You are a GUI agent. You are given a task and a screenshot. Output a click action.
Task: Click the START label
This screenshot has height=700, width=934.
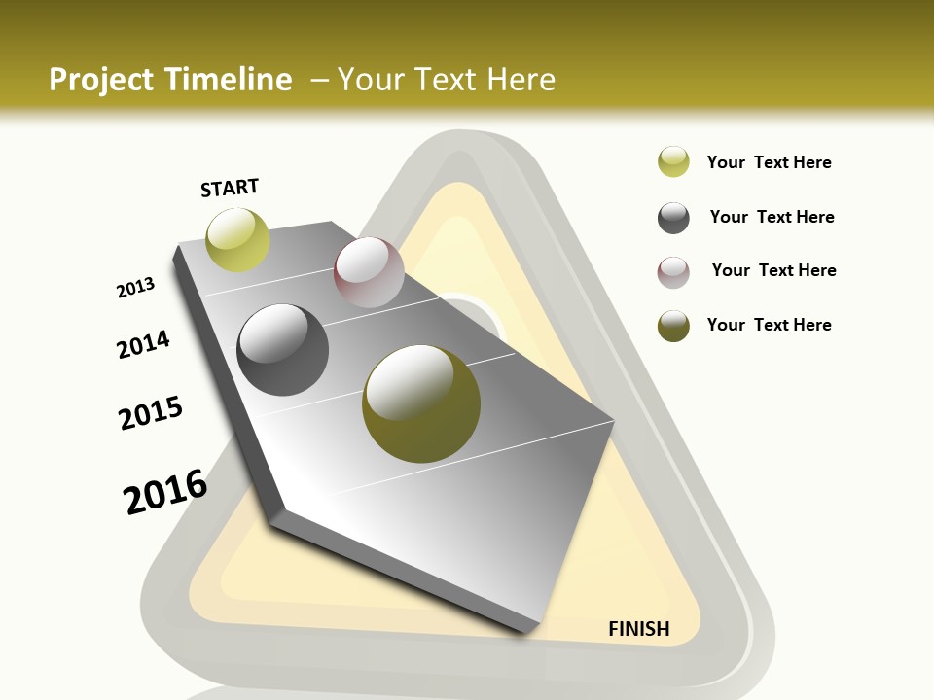tap(230, 188)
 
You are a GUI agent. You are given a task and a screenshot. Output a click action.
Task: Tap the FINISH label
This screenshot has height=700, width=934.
tap(639, 629)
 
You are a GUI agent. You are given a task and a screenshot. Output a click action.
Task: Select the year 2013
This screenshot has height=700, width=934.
tap(135, 288)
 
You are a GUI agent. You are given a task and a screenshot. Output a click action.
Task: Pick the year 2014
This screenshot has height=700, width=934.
tap(144, 344)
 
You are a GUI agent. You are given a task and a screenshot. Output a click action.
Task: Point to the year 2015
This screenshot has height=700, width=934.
tap(151, 413)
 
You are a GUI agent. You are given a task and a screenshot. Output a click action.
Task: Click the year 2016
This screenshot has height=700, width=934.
tap(165, 492)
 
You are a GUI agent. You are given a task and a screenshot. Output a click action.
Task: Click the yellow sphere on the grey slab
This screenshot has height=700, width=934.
tap(237, 239)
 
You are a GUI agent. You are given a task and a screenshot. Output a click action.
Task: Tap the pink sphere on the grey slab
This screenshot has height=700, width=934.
tap(369, 272)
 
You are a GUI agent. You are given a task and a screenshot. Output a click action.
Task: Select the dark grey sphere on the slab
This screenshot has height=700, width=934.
tap(283, 350)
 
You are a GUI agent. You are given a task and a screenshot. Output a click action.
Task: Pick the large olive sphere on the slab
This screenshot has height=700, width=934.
tap(421, 402)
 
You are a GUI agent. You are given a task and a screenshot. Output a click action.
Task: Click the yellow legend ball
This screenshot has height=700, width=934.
tap(673, 161)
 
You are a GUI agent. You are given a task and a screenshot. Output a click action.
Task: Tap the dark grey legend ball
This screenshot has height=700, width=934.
tap(673, 218)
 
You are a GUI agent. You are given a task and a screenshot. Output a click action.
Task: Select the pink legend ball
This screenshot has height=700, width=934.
tap(673, 272)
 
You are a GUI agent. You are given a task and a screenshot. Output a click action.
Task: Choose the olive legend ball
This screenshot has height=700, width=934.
tap(673, 326)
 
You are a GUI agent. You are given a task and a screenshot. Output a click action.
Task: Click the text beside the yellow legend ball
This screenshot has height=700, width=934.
tap(769, 162)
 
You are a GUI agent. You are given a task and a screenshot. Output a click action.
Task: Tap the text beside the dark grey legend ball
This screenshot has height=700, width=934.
tap(772, 217)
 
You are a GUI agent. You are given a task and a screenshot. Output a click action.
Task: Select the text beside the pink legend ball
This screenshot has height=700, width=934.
tap(773, 270)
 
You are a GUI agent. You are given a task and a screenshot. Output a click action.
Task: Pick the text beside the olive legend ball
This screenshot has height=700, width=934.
tap(769, 325)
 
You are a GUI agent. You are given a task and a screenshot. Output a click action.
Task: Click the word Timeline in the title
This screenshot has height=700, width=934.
tap(231, 80)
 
